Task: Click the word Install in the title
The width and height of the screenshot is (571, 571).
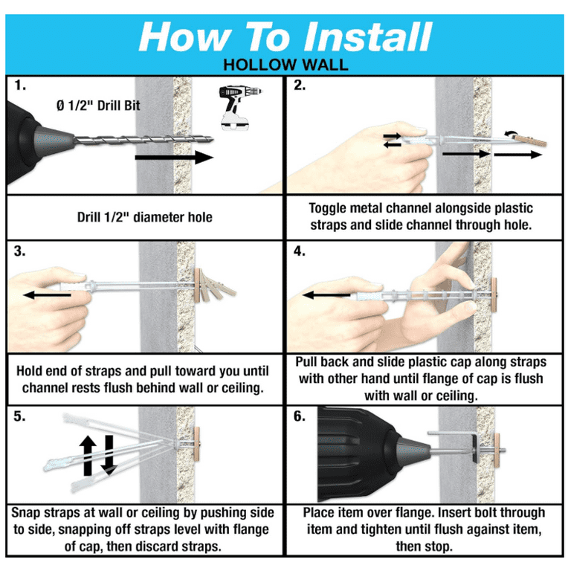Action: (x=368, y=37)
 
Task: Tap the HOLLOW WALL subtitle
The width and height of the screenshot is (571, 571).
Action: (x=285, y=65)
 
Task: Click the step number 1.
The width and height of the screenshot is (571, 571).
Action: (x=20, y=86)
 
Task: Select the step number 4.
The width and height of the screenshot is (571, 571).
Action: (x=300, y=251)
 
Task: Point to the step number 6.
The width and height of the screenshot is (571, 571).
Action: (x=300, y=416)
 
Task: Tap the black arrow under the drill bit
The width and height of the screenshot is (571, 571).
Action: (x=174, y=158)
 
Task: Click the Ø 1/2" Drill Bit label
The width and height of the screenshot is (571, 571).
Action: (x=98, y=106)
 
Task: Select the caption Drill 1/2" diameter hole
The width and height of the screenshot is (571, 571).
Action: (x=144, y=217)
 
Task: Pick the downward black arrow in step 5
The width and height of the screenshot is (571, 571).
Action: (x=109, y=455)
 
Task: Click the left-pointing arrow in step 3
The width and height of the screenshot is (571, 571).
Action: (x=48, y=294)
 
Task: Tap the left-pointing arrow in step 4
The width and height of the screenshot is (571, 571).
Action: (x=326, y=294)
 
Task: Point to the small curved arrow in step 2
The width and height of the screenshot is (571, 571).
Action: (x=511, y=132)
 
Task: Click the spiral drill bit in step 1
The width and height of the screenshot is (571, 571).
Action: (x=143, y=140)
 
